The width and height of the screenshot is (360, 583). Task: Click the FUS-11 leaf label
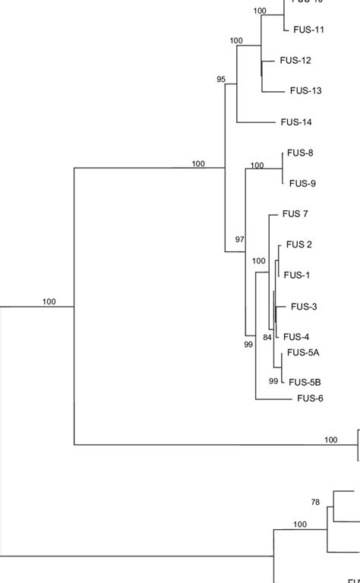(x=308, y=30)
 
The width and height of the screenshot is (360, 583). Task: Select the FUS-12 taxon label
(x=295, y=60)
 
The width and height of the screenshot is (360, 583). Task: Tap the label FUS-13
(x=306, y=91)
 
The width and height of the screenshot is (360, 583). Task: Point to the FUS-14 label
(x=296, y=122)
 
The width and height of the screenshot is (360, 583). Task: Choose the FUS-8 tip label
(x=301, y=153)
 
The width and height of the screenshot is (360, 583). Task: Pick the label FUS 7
(x=295, y=214)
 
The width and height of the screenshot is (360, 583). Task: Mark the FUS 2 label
(x=299, y=244)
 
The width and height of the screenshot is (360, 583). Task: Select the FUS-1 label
(x=297, y=276)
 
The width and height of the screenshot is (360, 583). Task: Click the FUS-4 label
(x=297, y=337)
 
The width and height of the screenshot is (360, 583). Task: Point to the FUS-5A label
(x=304, y=352)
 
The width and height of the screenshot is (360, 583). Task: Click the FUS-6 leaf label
(x=311, y=398)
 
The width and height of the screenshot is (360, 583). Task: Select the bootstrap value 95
(x=221, y=79)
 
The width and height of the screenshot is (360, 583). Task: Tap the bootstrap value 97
(x=240, y=239)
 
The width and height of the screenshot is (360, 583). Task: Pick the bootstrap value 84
(x=267, y=337)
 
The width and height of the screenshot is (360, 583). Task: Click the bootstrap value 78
(x=316, y=502)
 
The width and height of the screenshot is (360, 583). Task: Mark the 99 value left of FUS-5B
(x=273, y=381)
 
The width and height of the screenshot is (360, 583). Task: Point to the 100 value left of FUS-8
(x=257, y=165)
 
